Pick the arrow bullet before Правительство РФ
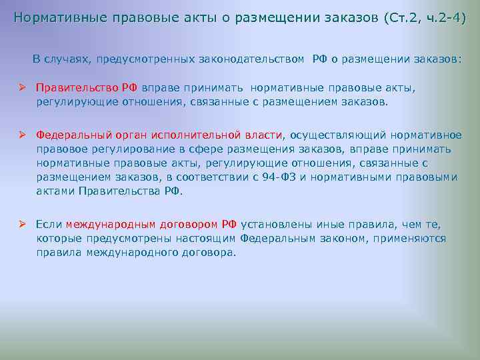(x=22, y=87)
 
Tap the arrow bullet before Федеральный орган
(x=22, y=135)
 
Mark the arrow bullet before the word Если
(x=22, y=225)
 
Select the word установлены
(x=277, y=225)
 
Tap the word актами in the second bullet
(x=55, y=191)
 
